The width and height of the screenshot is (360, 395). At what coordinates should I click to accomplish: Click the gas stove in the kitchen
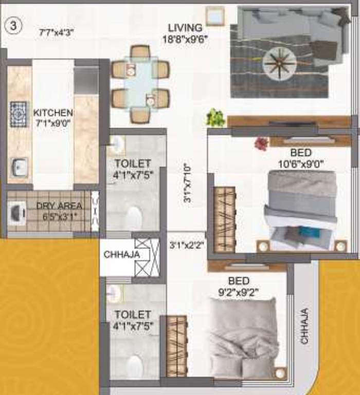coord(19,113)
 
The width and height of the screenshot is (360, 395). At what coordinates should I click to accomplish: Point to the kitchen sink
coord(19,167)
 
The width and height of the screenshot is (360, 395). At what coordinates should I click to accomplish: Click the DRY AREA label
coord(57,206)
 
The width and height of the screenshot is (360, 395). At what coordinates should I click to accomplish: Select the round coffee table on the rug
coord(279,64)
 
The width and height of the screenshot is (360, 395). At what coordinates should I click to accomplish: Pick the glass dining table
coord(140,83)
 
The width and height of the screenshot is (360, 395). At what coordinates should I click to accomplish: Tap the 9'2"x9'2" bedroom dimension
coord(239,293)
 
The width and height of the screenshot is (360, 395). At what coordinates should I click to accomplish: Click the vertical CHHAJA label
coord(304,326)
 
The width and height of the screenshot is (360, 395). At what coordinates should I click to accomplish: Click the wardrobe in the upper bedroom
coord(224,218)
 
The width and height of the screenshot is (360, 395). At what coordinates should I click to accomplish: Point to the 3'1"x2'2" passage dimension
coord(187,245)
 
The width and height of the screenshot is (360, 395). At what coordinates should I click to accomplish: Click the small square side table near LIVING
coord(214,16)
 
